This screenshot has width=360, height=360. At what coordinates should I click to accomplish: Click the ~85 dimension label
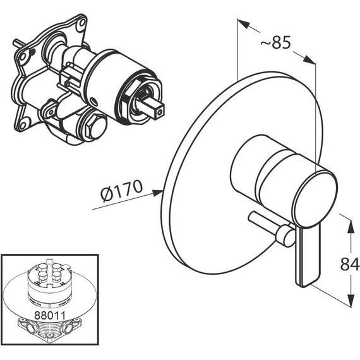click(275, 42)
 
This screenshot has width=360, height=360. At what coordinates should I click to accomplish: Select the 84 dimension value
click(349, 264)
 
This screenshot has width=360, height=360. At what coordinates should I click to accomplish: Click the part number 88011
click(50, 315)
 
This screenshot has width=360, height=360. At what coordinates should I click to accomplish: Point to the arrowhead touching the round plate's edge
click(158, 193)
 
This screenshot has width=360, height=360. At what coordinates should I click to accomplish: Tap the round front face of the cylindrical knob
click(315, 200)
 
